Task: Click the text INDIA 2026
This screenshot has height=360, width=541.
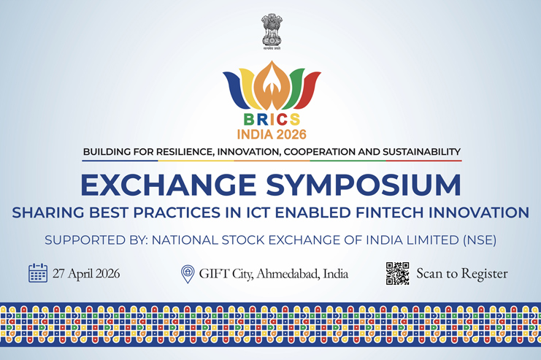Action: tap(271, 134)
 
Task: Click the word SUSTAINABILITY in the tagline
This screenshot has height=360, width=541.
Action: tap(414, 152)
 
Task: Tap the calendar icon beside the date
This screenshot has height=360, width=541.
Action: tap(38, 274)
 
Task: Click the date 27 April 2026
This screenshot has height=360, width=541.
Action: tap(86, 275)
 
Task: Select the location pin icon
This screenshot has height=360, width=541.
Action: tap(188, 274)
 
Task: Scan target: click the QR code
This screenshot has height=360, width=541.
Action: tap(397, 273)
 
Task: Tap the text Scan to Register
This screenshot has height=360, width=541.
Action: tap(461, 275)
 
